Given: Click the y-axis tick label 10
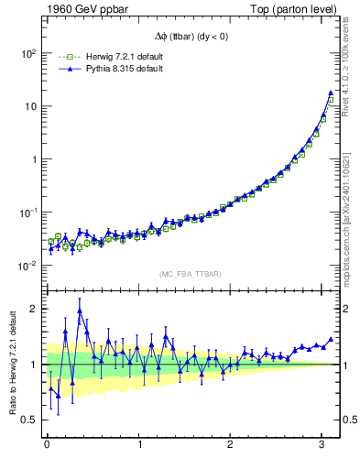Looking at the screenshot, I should click(x=29, y=106).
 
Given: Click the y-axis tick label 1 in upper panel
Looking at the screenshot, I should click(x=34, y=159).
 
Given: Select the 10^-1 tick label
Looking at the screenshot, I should click(x=27, y=213).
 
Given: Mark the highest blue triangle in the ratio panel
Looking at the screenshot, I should click(x=80, y=311).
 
